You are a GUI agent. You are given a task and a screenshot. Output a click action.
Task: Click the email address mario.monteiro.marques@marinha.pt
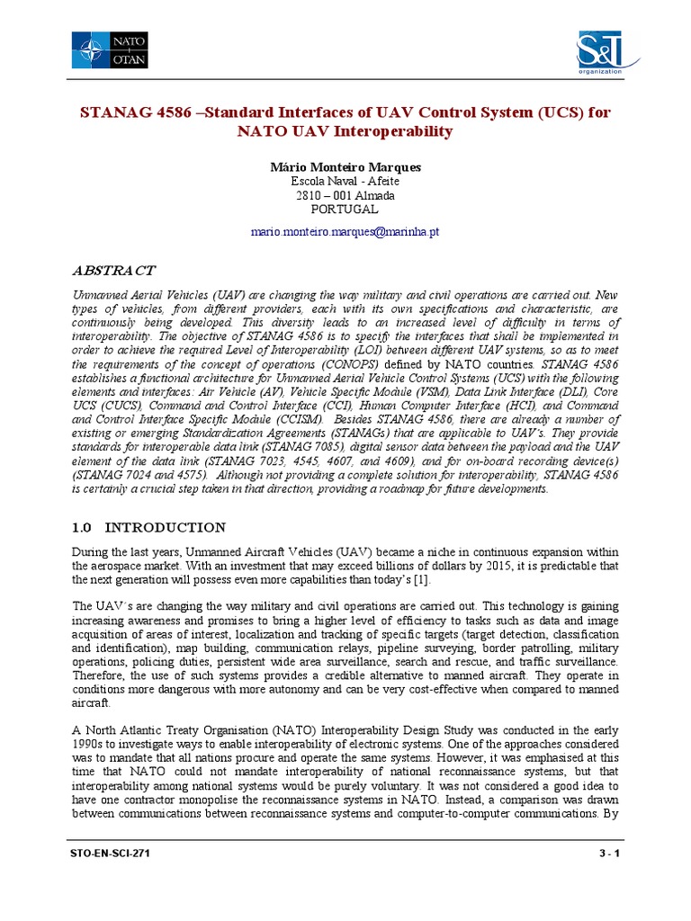pyautogui.click(x=345, y=232)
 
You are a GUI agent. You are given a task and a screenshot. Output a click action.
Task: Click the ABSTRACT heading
pyautogui.click(x=113, y=270)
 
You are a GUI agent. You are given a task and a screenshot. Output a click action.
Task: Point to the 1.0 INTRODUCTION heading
pyautogui.click(x=148, y=527)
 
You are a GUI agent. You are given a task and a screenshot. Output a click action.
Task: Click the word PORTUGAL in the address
pyautogui.click(x=345, y=209)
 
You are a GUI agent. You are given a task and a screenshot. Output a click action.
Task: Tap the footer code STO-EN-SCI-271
pyautogui.click(x=110, y=854)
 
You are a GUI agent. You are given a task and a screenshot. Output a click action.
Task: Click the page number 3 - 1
pyautogui.click(x=607, y=854)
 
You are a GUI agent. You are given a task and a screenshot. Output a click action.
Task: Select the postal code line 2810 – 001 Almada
pyautogui.click(x=345, y=195)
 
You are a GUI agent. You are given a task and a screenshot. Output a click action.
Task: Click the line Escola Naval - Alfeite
pyautogui.click(x=345, y=181)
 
